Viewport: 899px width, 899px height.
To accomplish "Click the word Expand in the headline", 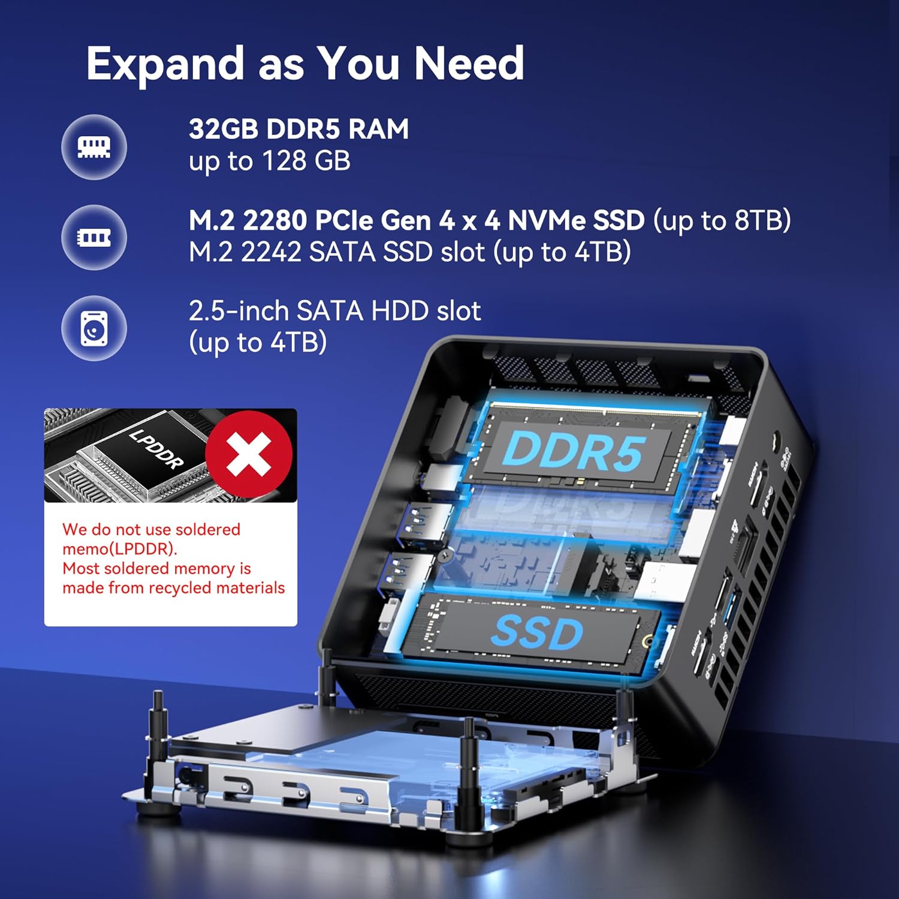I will [x=165, y=64].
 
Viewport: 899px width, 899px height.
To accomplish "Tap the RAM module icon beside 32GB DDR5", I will [x=94, y=147].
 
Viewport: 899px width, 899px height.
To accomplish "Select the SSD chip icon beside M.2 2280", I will [x=94, y=237].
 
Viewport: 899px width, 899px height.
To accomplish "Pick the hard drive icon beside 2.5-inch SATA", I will [x=94, y=328].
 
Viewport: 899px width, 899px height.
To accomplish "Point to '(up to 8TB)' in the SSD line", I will [x=722, y=221].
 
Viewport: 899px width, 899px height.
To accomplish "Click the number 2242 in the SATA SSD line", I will [x=271, y=252].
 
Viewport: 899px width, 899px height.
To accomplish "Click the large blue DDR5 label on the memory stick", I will [x=574, y=451].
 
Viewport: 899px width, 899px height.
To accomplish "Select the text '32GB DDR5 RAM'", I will [x=298, y=129].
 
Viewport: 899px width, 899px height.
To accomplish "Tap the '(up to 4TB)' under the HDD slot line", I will [x=258, y=343].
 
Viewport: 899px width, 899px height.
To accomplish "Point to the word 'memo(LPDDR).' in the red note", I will [x=120, y=549].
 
